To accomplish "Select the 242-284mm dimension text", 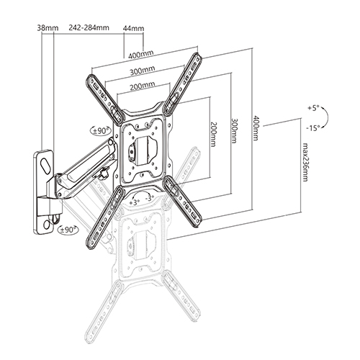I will click(x=89, y=29).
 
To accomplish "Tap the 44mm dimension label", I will click(x=135, y=29).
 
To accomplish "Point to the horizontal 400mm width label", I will click(x=142, y=54).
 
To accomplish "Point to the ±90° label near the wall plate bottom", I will click(x=68, y=230).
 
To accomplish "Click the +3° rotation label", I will click(x=135, y=203).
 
